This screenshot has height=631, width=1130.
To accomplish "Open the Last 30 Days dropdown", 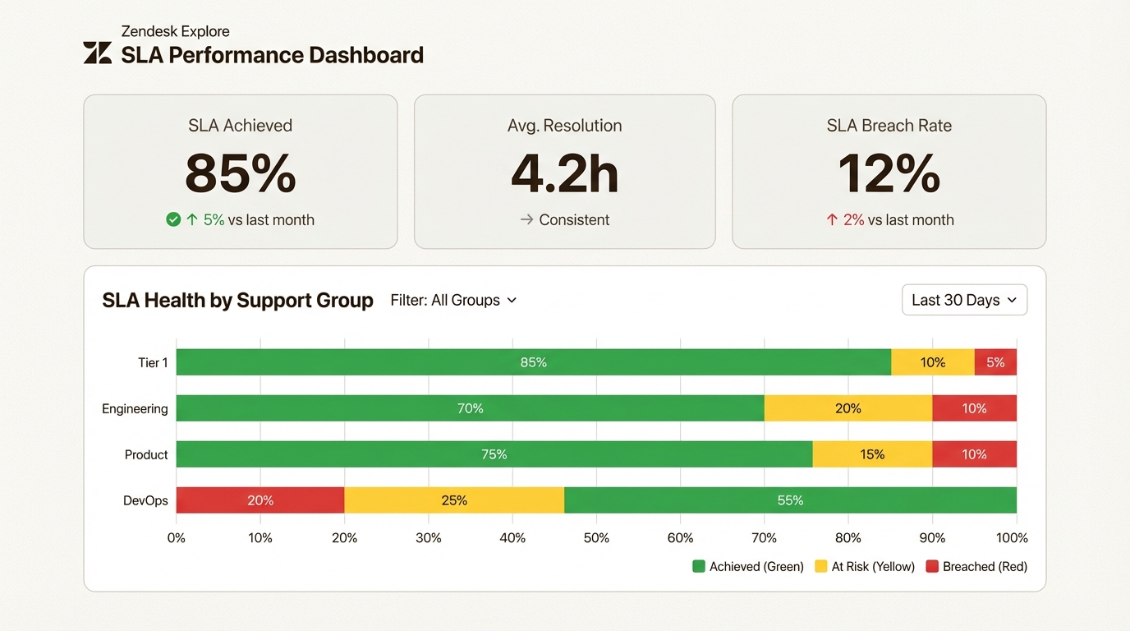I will (x=963, y=300).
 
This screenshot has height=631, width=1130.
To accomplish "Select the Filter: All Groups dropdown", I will (x=453, y=300).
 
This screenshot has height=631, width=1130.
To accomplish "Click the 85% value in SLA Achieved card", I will (x=240, y=173).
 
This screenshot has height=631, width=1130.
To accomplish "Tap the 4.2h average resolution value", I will (x=564, y=173).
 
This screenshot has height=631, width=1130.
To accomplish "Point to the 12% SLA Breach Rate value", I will (x=889, y=173).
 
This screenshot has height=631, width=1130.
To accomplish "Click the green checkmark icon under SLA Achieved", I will (x=173, y=219).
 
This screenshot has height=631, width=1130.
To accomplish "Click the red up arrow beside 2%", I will (x=832, y=219).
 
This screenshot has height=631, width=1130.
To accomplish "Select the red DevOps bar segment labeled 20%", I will (x=260, y=500).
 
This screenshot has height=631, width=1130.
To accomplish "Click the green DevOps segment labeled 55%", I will (x=790, y=500).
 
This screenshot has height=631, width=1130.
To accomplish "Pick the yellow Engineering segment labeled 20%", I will (x=847, y=408).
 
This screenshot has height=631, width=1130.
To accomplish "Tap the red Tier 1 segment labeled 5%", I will (x=995, y=362).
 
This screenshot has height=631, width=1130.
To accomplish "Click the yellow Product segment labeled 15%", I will (x=872, y=454).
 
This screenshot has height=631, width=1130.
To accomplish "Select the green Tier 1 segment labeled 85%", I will (x=533, y=362).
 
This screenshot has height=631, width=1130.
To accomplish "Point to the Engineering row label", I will (x=135, y=408).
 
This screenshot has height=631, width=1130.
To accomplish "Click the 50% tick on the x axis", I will (x=596, y=538).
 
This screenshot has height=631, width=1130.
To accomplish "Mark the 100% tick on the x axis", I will (x=1012, y=538).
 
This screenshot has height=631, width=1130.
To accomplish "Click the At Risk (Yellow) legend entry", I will (x=864, y=566).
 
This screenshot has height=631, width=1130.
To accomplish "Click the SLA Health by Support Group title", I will (x=237, y=300).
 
